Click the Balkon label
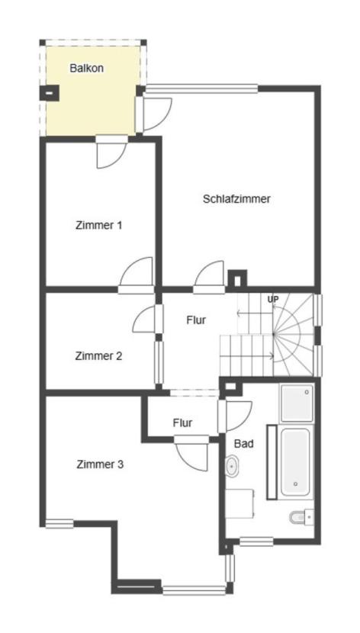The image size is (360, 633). pyautogui.click(x=86, y=68)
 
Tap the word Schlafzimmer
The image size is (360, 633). pyautogui.click(x=236, y=198)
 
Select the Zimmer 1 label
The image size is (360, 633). pyautogui.click(x=99, y=225)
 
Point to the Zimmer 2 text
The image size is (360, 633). pyautogui.click(x=99, y=355)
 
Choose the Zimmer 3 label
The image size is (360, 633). pyautogui.click(x=100, y=464)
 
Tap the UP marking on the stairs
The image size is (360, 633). pyautogui.click(x=272, y=299)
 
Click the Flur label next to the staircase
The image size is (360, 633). pyautogui.click(x=196, y=320)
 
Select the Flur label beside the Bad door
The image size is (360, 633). pyautogui.click(x=182, y=423)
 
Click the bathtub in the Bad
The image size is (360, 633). pyautogui.click(x=295, y=463)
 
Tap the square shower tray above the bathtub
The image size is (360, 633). pyautogui.click(x=296, y=403)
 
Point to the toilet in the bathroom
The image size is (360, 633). pyautogui.click(x=299, y=518)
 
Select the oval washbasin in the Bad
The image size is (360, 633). pyautogui.click(x=232, y=464)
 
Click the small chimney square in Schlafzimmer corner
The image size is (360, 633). pyautogui.click(x=237, y=279)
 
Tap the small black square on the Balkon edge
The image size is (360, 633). pyautogui.click(x=48, y=94)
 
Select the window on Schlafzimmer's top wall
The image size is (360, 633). pyautogui.click(x=202, y=88)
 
